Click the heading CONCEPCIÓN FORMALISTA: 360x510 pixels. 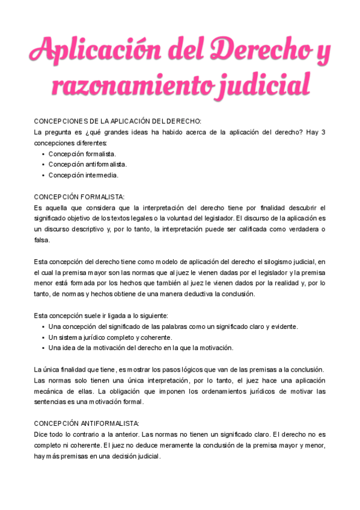pos(79,197)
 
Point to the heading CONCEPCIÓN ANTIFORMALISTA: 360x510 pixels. pos(87,423)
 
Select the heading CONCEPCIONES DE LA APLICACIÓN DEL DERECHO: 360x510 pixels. pos(118,121)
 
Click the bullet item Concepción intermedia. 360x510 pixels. pos(84,175)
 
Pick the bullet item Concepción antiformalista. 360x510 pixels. pos(88,164)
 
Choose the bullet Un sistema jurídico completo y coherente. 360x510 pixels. pos(110,337)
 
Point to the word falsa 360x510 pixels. pos(42,240)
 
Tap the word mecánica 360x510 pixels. pos(50,392)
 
